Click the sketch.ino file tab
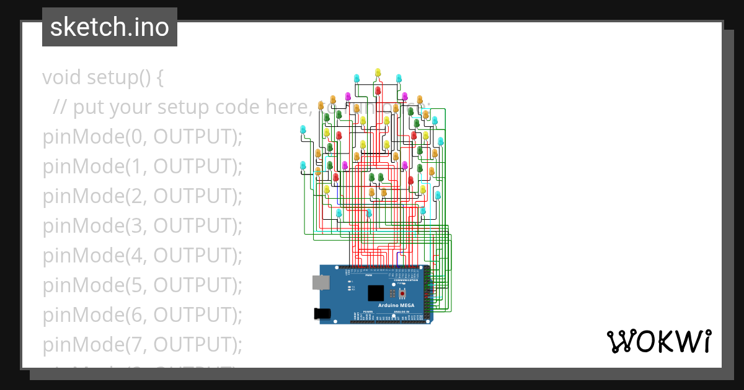[109, 27]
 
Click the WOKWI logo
[658, 342]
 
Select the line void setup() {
[103, 77]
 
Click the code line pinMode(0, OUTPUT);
[142, 137]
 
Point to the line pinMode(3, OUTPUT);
[142, 226]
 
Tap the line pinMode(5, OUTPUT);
[142, 285]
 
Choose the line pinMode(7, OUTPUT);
[142, 345]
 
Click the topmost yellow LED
[378, 73]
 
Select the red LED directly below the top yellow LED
[378, 90]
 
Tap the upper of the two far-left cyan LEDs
[303, 129]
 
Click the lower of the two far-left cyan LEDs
[303, 165]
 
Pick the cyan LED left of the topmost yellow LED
[356, 78]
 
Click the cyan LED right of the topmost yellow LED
[399, 78]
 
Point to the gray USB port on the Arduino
[321, 283]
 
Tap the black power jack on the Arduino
[322, 313]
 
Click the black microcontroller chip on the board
[376, 293]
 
